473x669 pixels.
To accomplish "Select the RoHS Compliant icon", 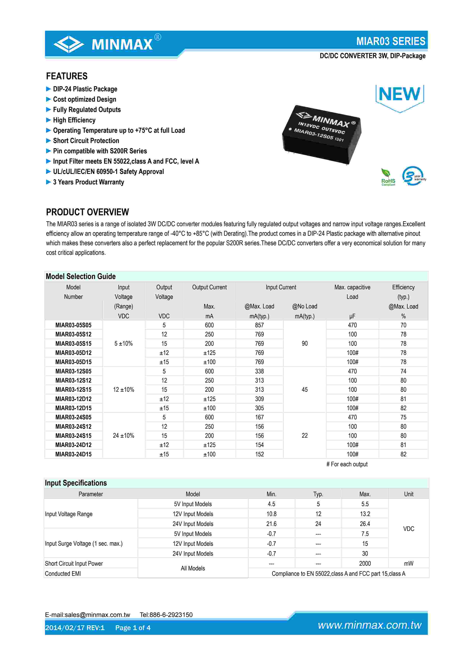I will click(388, 177).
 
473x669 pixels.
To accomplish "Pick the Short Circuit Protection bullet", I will click(86, 141).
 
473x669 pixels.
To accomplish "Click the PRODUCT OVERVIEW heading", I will click(87, 212).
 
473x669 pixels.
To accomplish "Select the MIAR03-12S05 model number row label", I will click(73, 371).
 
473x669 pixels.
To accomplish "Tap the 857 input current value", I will click(259, 325).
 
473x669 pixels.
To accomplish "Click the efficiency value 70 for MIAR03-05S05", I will click(403, 325).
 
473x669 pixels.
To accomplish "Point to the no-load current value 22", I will click(305, 436).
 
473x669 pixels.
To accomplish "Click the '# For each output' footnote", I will click(347, 464).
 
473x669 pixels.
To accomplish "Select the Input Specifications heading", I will click(76, 483).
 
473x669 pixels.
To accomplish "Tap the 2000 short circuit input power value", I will click(365, 564).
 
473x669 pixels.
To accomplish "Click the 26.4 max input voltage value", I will click(365, 524).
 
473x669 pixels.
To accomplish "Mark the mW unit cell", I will click(408, 564).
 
